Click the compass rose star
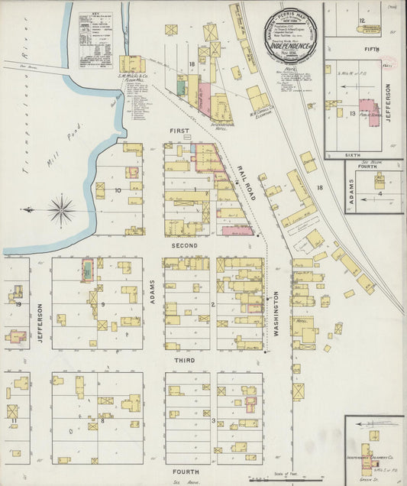[x=60, y=208]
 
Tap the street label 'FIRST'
[x=179, y=131]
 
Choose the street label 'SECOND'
[x=184, y=245]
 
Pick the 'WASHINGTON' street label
[x=276, y=313]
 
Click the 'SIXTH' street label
[x=352, y=154]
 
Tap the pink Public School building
[x=368, y=112]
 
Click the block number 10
[x=118, y=190]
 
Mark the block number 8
[x=102, y=420]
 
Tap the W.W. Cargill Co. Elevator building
[x=257, y=98]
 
